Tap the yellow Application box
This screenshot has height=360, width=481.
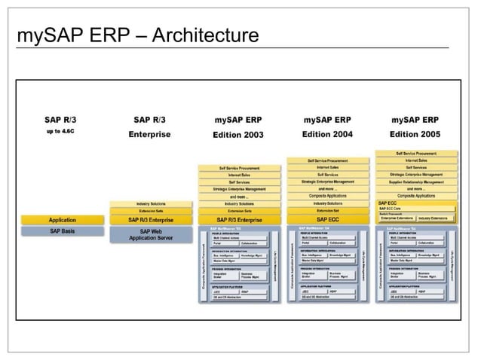pos(63,220)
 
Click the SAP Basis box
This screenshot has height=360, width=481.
pos(63,230)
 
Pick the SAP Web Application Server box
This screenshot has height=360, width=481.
pos(151,234)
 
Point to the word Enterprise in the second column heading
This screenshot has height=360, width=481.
pos(150,135)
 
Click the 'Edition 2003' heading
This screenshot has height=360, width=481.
pos(238,135)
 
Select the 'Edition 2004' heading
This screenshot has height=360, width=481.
pos(326,135)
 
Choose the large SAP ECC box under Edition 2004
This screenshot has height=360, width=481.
pos(326,219)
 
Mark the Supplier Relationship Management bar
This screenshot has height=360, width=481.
pos(415,181)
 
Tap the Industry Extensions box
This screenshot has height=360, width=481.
pos(435,218)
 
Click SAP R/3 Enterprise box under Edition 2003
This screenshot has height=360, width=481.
pos(238,220)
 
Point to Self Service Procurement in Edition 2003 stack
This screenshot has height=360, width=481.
pos(238,168)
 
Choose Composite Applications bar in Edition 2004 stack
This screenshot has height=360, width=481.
pos(326,196)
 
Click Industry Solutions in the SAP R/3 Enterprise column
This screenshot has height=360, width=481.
pos(151,204)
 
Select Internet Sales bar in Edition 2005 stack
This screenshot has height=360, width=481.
pos(415,160)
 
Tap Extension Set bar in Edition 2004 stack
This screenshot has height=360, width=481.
pos(326,211)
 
